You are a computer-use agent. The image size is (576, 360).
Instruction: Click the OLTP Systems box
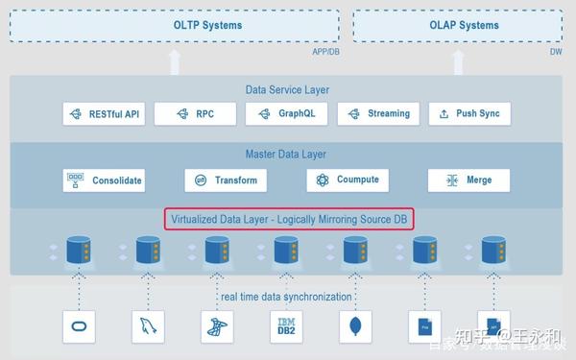click(174, 25)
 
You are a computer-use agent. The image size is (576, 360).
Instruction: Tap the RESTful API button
click(103, 114)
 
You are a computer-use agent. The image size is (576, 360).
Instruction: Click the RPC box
click(195, 114)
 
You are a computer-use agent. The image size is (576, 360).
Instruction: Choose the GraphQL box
click(286, 114)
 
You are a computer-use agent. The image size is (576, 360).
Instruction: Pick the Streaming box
click(377, 114)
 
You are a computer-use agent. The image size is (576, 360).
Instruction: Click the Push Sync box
click(469, 114)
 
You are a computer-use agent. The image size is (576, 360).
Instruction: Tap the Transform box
click(226, 180)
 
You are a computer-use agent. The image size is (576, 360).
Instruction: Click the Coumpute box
click(348, 180)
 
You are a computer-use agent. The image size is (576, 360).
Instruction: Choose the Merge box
click(468, 180)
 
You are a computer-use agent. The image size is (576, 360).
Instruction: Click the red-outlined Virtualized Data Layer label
click(289, 219)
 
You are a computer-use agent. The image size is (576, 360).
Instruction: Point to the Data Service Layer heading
click(288, 90)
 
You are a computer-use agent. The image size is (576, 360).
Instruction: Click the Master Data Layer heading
click(286, 154)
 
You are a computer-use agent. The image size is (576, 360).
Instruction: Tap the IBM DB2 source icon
click(285, 326)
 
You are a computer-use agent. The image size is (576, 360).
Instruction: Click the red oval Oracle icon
click(78, 326)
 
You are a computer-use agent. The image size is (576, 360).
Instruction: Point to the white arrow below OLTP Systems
click(174, 61)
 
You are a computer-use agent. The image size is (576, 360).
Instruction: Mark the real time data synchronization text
click(286, 297)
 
